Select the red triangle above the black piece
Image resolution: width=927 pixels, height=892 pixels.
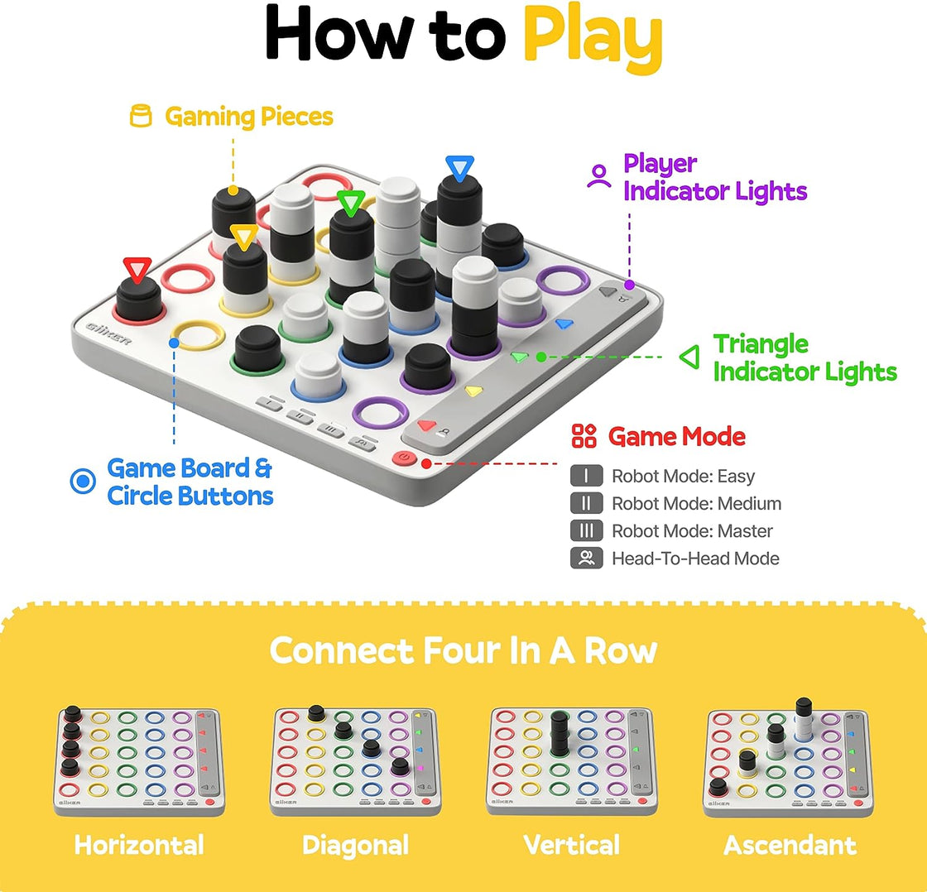[x=137, y=270]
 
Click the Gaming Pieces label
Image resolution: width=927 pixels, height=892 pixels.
[x=248, y=117]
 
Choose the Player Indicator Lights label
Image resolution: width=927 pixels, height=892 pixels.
[x=714, y=177]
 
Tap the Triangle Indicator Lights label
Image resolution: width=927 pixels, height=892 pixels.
[x=805, y=357]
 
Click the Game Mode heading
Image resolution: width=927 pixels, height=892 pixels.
[x=676, y=436]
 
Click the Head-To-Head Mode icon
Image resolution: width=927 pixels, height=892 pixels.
[x=586, y=559]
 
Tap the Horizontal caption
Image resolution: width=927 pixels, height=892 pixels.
[x=138, y=845]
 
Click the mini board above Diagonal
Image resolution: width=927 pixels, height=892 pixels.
[x=355, y=760]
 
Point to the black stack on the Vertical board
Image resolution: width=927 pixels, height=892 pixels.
[x=558, y=732]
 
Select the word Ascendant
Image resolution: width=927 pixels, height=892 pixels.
[x=790, y=845]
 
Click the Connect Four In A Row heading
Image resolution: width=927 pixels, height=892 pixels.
[x=463, y=650]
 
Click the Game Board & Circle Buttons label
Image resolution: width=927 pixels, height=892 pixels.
[x=190, y=482]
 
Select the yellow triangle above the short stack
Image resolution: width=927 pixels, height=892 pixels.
[x=243, y=238]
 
